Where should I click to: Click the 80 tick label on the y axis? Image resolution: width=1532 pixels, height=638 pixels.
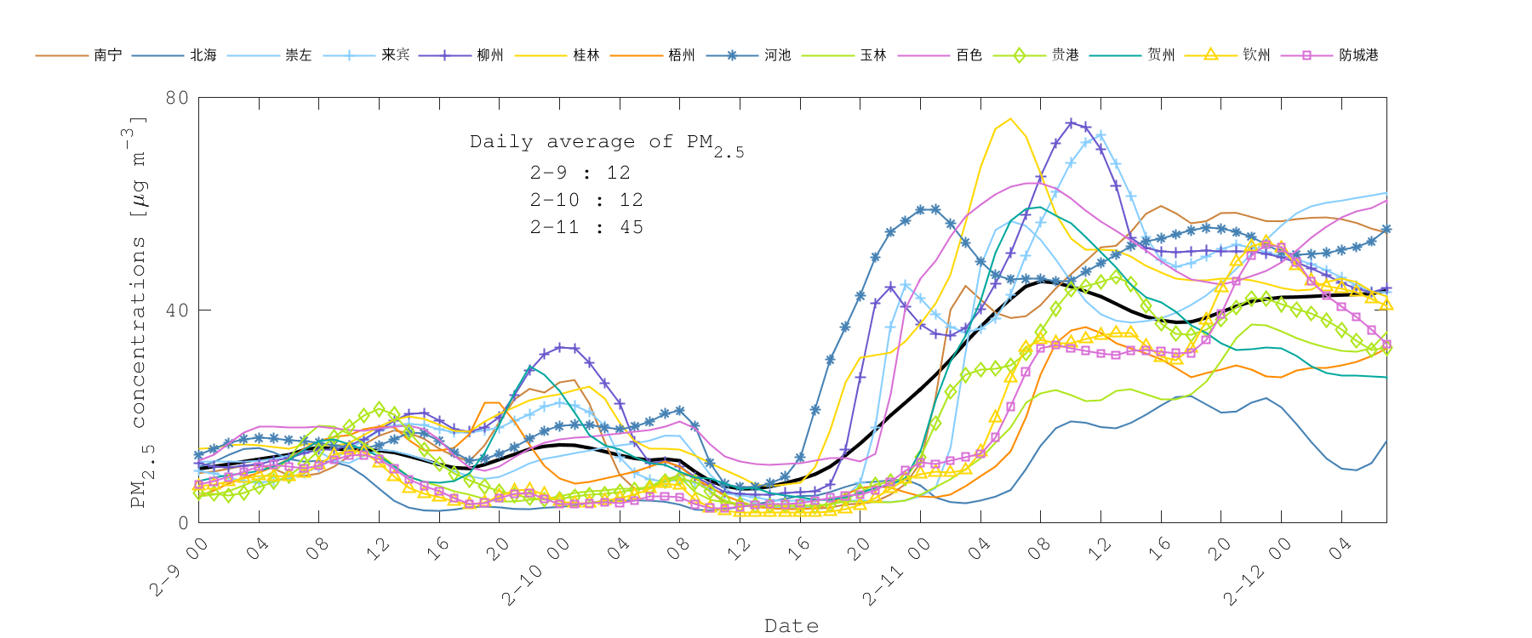pyautogui.click(x=177, y=98)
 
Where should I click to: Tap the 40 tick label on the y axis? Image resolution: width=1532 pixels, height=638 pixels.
pyautogui.click(x=177, y=310)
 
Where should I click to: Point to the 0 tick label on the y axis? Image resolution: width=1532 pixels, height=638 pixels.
pyautogui.click(x=182, y=522)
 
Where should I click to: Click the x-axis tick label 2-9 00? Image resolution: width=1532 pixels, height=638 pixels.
pyautogui.click(x=180, y=567)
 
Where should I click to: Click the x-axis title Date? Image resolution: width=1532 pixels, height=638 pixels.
pyautogui.click(x=792, y=626)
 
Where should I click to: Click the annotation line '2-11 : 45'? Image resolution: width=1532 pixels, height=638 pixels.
pyautogui.click(x=586, y=227)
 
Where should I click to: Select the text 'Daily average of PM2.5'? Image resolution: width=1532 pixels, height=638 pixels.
pyautogui.click(x=606, y=143)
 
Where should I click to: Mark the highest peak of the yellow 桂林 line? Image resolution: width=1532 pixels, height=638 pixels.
pyautogui.click(x=1010, y=119)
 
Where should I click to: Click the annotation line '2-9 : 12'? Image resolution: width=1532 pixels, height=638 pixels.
pyautogui.click(x=580, y=173)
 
